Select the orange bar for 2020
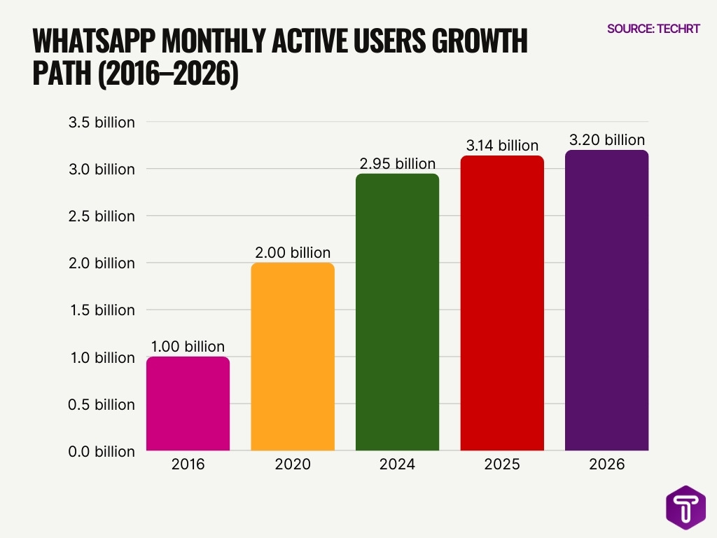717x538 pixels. [293, 357]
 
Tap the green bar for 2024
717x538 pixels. [397, 312]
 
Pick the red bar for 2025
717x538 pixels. [502, 303]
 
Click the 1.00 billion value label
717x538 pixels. [188, 346]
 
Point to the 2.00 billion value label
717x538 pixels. [293, 252]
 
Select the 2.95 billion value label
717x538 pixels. [397, 163]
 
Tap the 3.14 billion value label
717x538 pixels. [502, 146]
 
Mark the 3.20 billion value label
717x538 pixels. [606, 140]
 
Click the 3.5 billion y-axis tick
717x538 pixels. [102, 123]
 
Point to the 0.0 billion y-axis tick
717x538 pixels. [102, 451]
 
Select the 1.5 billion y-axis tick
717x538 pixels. [102, 310]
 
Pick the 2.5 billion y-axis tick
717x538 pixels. [102, 216]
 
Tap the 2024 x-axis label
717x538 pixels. [397, 464]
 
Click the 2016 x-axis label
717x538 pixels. [188, 464]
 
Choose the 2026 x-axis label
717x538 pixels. [606, 464]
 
